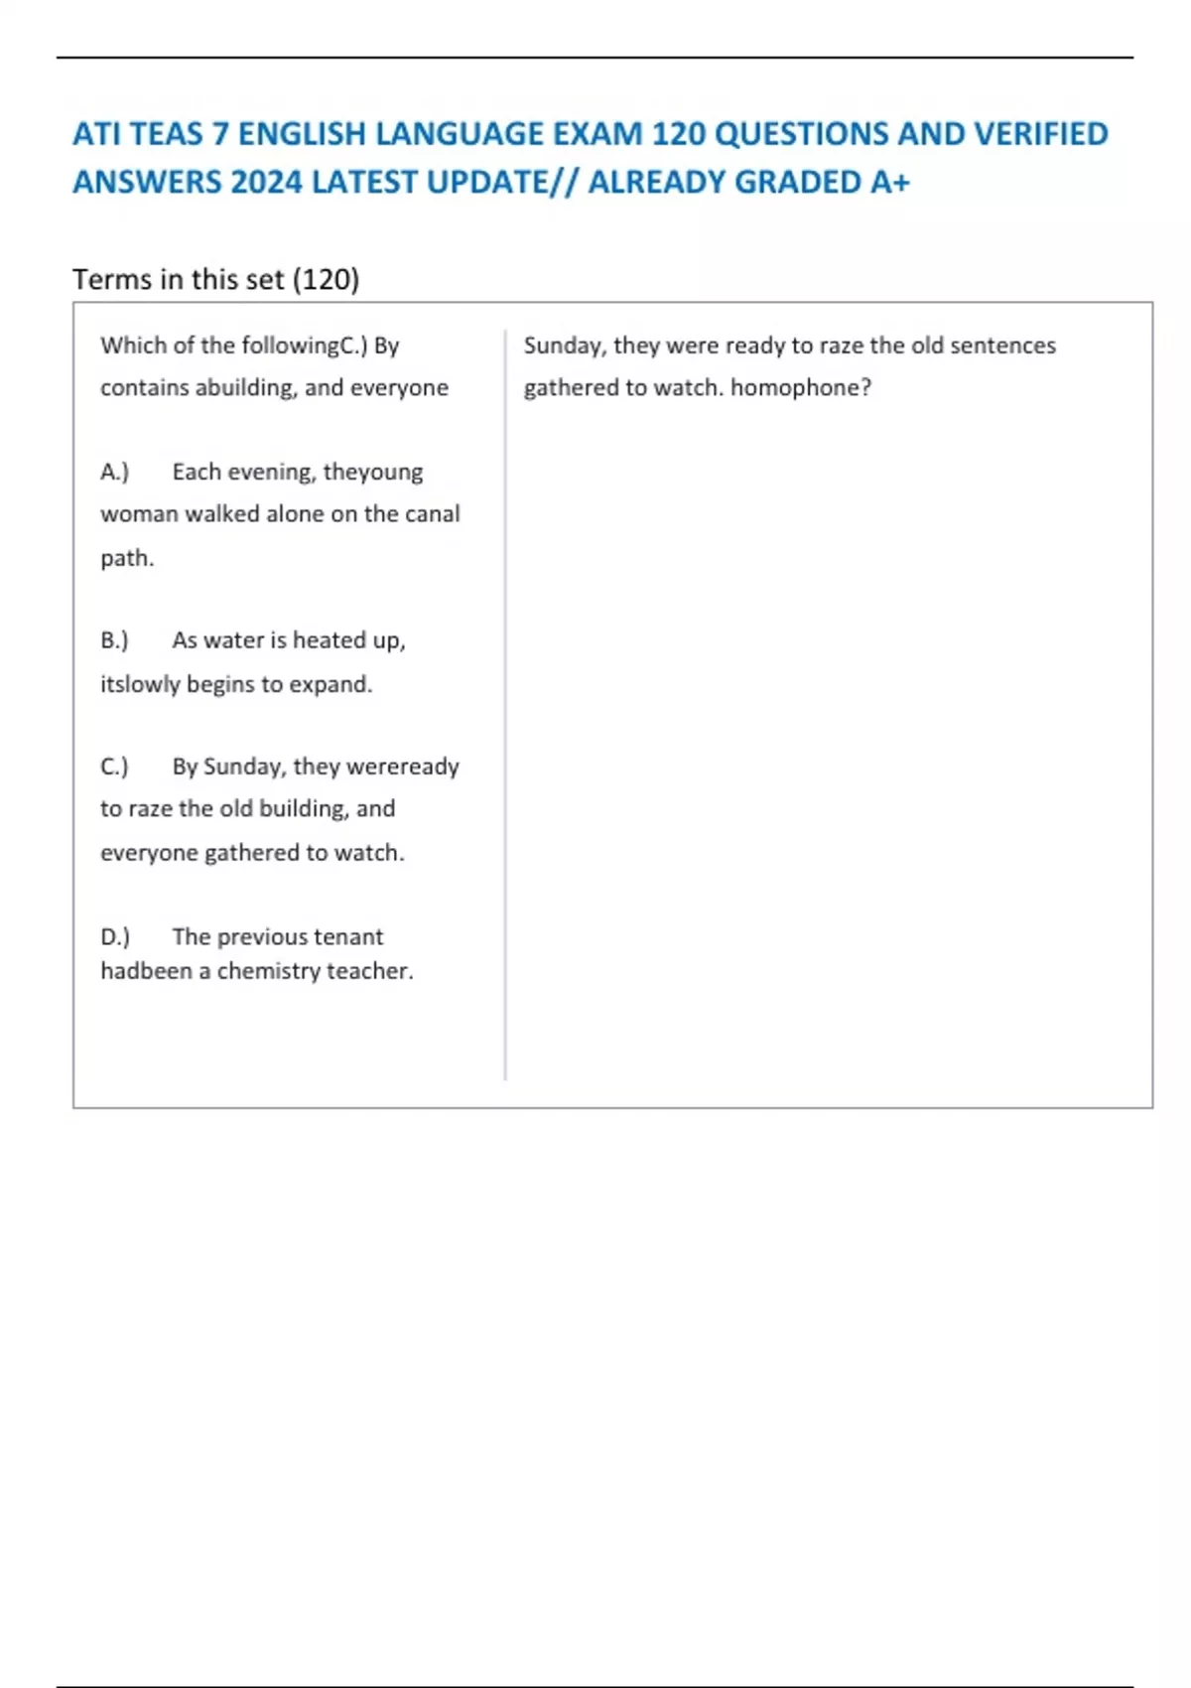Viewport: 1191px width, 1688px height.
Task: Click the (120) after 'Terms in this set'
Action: click(326, 280)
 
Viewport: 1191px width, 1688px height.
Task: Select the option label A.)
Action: click(115, 472)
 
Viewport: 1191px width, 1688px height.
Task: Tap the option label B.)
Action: click(115, 640)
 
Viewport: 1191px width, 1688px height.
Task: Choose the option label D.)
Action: click(115, 936)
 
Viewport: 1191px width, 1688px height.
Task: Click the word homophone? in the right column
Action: click(800, 387)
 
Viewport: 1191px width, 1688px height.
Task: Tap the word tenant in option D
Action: click(352, 936)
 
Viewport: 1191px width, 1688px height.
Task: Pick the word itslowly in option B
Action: click(140, 684)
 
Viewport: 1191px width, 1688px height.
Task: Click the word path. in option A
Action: click(127, 558)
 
